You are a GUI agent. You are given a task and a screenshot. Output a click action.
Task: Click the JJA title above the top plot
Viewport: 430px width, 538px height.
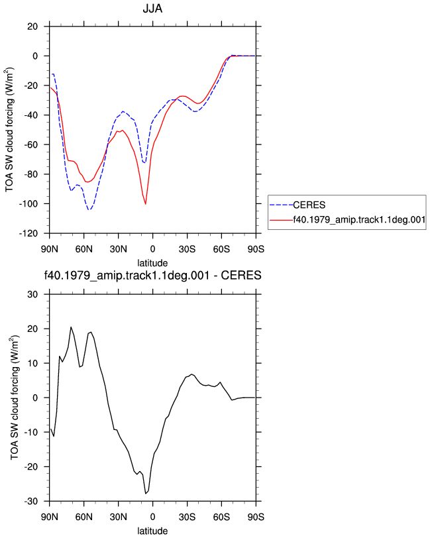point(152,8)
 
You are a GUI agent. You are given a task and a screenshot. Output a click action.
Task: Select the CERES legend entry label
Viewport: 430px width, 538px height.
point(309,205)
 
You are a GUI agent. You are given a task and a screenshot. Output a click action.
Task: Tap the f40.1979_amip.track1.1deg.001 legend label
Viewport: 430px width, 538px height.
point(359,219)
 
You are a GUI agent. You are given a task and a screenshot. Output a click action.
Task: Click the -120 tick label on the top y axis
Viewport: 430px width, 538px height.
point(28,233)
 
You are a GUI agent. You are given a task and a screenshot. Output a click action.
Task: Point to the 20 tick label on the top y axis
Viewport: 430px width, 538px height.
point(32,27)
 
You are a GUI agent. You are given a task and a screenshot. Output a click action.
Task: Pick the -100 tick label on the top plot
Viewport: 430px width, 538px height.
point(28,204)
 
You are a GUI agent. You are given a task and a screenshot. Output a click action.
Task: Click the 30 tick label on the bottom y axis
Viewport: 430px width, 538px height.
point(32,294)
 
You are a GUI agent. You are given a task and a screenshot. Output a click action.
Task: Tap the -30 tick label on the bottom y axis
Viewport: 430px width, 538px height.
point(30,502)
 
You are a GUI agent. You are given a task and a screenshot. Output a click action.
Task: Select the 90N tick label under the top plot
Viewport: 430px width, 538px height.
point(50,249)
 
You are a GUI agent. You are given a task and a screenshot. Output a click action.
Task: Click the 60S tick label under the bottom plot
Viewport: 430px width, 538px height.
point(221,517)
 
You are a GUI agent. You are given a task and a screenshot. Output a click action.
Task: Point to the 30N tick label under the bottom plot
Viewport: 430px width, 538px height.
point(119,517)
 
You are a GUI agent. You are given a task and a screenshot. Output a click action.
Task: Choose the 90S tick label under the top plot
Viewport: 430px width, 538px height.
point(256,249)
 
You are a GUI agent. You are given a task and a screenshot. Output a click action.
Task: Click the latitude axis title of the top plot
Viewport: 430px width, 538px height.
point(152,263)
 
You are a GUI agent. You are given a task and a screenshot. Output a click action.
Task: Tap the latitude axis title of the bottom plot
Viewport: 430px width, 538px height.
point(152,531)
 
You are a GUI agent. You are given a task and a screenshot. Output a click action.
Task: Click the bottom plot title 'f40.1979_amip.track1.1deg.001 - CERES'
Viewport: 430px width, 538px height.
point(152,276)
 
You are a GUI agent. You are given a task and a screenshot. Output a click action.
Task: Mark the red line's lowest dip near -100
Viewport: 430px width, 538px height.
point(146,204)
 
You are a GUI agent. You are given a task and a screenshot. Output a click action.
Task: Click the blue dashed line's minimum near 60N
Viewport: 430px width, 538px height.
point(89,209)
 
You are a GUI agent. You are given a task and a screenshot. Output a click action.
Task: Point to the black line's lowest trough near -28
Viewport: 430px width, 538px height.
point(146,494)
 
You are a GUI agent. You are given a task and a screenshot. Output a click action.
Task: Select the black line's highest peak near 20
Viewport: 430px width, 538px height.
point(71,327)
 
